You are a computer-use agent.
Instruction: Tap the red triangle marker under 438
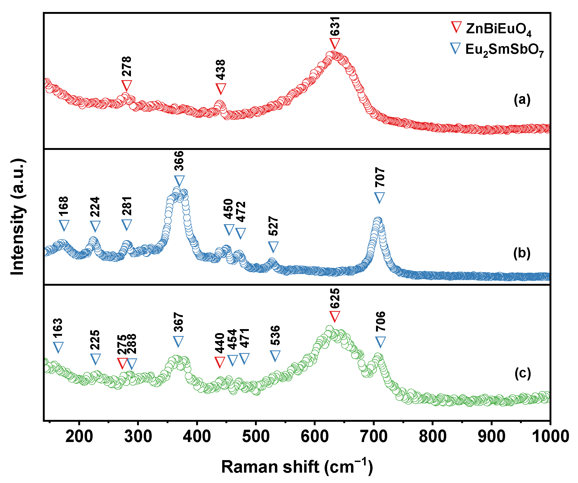tap(221, 89)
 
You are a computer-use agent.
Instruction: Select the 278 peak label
tap(127, 66)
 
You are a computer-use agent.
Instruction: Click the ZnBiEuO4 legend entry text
tap(498, 29)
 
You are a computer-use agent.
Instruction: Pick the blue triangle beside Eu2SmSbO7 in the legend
tap(455, 48)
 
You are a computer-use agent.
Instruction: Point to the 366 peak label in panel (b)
tap(179, 161)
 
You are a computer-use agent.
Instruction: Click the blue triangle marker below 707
tap(379, 198)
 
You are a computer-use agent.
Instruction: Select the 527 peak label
tap(273, 226)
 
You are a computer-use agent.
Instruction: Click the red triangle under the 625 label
tap(335, 316)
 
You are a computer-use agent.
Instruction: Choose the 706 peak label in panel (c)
tap(380, 321)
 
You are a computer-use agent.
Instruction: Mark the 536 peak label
tap(275, 335)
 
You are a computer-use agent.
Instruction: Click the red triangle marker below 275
tap(122, 363)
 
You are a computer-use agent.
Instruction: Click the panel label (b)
tap(522, 253)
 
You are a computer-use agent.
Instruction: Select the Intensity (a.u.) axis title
tap(18, 217)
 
